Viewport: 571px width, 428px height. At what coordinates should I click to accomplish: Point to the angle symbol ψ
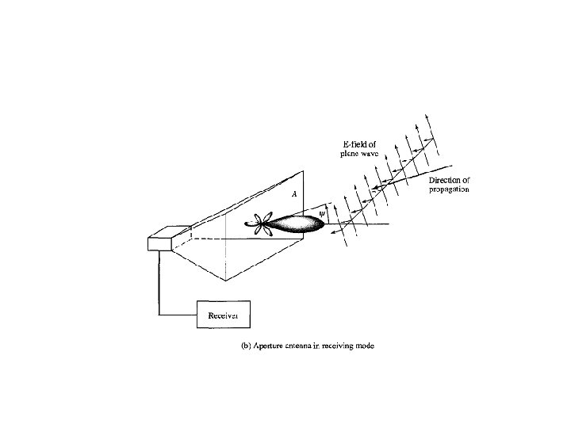[x=322, y=212]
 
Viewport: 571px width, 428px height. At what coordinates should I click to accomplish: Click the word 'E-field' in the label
[x=345, y=144]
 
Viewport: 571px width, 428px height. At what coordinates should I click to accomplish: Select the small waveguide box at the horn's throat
[x=167, y=238]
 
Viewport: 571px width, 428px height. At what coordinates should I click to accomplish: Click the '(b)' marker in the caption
[x=246, y=346]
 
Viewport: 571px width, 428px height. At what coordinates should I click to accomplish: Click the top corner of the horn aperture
[x=302, y=170]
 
